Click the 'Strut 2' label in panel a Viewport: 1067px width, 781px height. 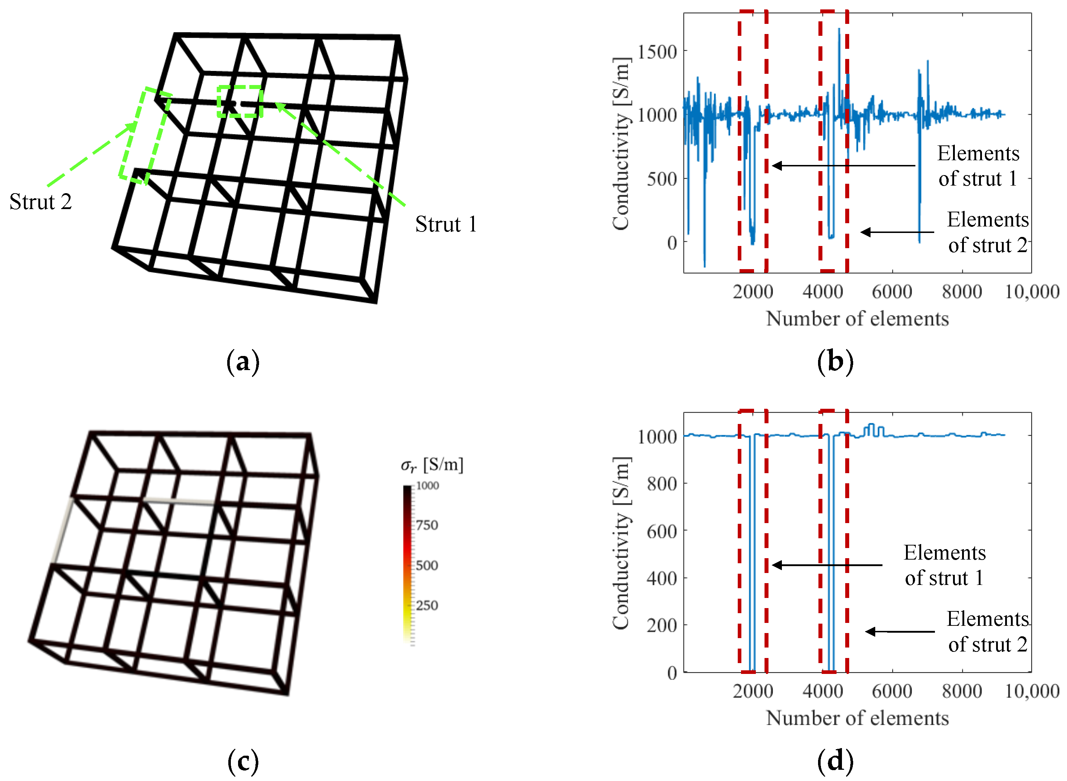coord(41,202)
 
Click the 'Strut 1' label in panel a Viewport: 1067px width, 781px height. coord(446,224)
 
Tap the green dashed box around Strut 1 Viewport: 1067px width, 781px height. coord(240,101)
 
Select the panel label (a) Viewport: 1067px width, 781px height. coord(243,362)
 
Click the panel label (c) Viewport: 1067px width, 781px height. coord(243,761)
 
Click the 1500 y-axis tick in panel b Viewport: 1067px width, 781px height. coord(657,51)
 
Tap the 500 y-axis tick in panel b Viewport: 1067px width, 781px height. coord(662,179)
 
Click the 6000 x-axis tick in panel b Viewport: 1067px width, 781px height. coord(892,292)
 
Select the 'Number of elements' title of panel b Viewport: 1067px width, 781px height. coord(857,319)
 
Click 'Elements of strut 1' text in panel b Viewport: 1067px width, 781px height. coord(978,166)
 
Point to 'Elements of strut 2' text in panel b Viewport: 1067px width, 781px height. coord(987,232)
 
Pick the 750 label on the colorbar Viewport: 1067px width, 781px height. coord(427,525)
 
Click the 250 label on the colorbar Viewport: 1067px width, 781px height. coord(427,606)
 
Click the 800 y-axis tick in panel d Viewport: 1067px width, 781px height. coord(662,484)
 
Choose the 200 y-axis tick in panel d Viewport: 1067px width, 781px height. coord(662,625)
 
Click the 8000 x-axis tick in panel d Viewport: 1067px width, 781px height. coord(962,692)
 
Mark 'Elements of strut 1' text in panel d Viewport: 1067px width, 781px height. coord(945,565)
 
